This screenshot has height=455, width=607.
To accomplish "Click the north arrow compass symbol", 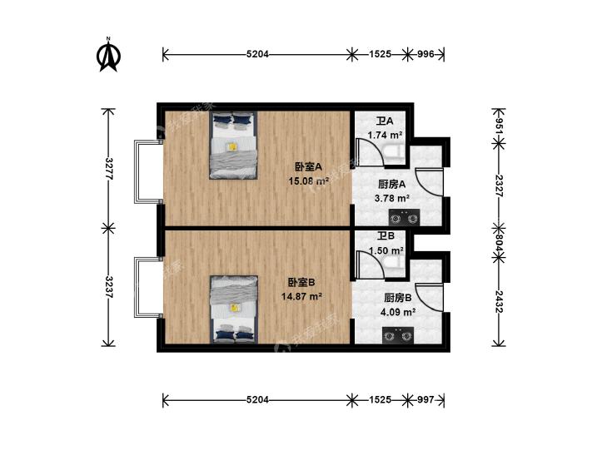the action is pos(108,55).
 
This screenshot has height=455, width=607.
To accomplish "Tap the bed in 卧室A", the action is pos(234,146).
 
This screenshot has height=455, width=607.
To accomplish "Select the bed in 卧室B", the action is pos(234,309).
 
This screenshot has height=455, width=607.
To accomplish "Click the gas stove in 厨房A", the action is pos(404,217).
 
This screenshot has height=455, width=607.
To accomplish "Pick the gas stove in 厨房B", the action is pos(397,335).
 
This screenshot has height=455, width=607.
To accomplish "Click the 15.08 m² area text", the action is pos(309,181).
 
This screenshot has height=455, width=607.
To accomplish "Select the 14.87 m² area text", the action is pos(302,296).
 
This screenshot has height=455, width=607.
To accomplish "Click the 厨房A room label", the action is pos(392,185).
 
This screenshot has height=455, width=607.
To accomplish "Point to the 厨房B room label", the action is pos(398,298).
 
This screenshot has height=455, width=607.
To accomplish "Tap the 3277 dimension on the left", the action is pos(109,169).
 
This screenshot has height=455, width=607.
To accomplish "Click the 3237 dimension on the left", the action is pos(109,287).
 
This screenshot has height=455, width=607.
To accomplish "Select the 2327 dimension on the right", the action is pos(500,186).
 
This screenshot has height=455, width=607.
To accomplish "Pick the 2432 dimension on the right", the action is pos(500,302).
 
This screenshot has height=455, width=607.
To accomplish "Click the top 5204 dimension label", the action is pos(257,54).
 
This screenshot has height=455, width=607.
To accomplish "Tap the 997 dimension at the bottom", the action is pos(425,399).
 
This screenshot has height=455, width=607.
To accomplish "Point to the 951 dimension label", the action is pos(500,126).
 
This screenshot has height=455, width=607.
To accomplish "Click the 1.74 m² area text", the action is pos(385,136).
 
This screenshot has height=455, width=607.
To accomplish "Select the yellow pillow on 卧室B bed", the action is pos(234,308).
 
